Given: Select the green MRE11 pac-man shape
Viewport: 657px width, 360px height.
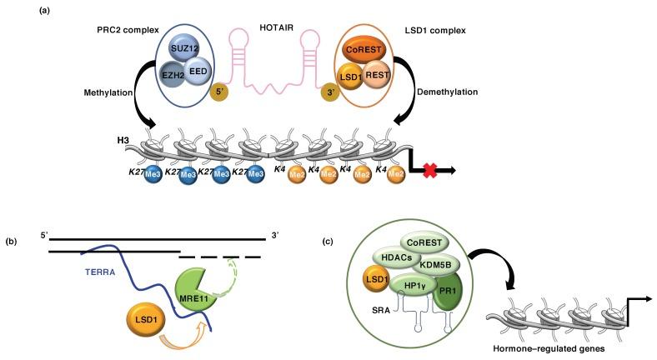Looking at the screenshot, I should click(193, 280).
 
